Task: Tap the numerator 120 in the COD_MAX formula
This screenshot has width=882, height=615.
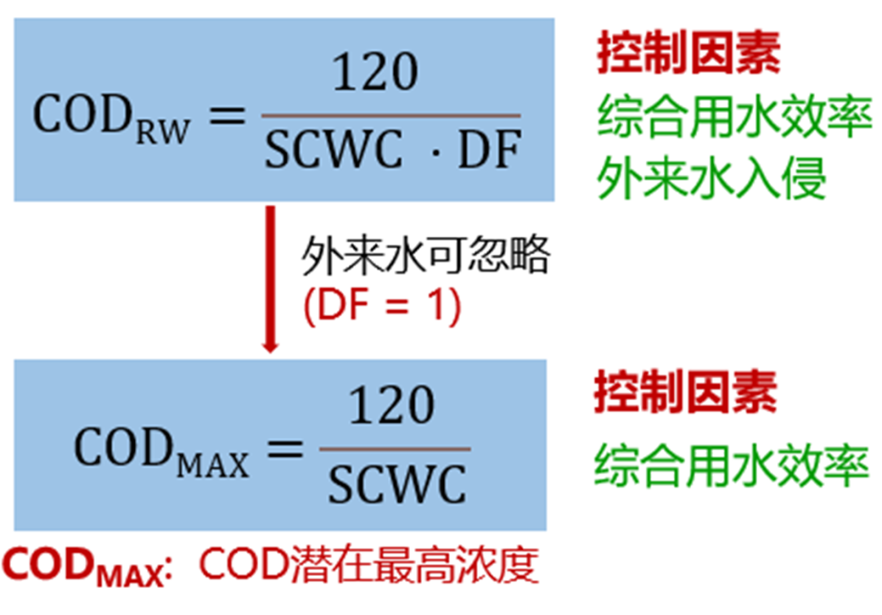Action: pyautogui.click(x=392, y=406)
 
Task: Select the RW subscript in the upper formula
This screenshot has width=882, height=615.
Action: pyautogui.click(x=162, y=132)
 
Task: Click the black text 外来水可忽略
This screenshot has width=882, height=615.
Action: pyautogui.click(x=425, y=256)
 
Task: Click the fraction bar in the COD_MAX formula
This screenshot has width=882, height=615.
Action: pyautogui.click(x=394, y=448)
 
